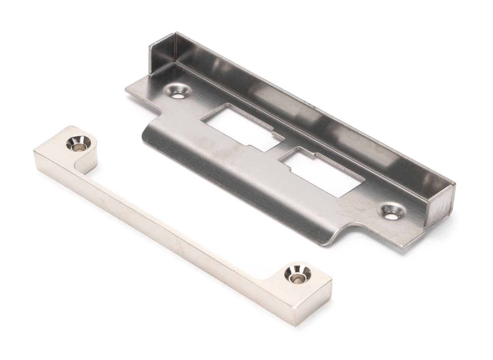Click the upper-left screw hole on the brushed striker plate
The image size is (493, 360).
pyautogui.click(x=178, y=91)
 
